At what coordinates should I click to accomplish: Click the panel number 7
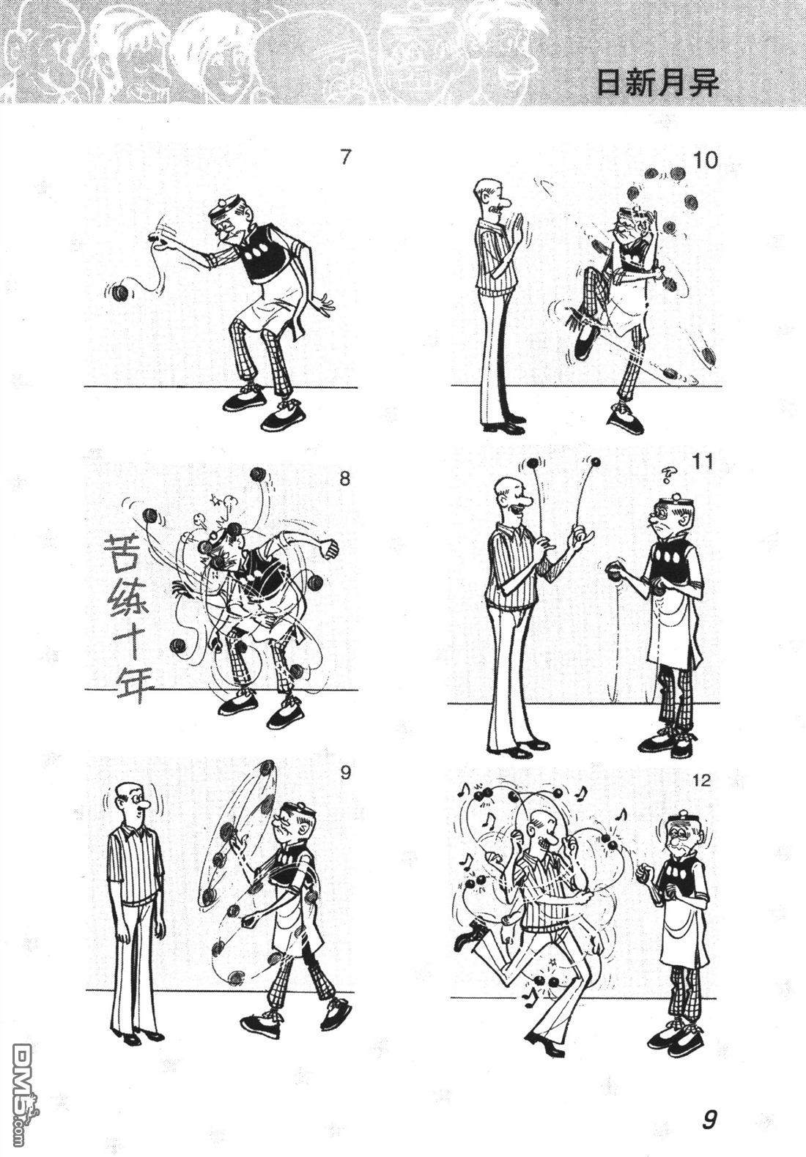pyautogui.click(x=346, y=157)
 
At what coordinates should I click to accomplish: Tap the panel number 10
pyautogui.click(x=705, y=160)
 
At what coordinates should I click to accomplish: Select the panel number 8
pyautogui.click(x=345, y=479)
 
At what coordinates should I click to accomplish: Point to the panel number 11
pyautogui.click(x=703, y=461)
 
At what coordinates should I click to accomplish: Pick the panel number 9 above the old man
pyautogui.click(x=346, y=773)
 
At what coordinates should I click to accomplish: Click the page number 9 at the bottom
pyautogui.click(x=709, y=1120)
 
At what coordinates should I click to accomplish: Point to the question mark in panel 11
pyautogui.click(x=669, y=474)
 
